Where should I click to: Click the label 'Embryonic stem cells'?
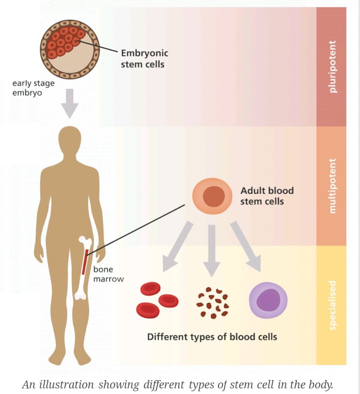tap(144, 58)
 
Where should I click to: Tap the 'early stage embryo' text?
tap(33, 88)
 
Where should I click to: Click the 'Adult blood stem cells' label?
tap(267, 196)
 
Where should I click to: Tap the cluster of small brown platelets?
tap(212, 303)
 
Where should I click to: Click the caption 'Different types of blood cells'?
tap(212, 337)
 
